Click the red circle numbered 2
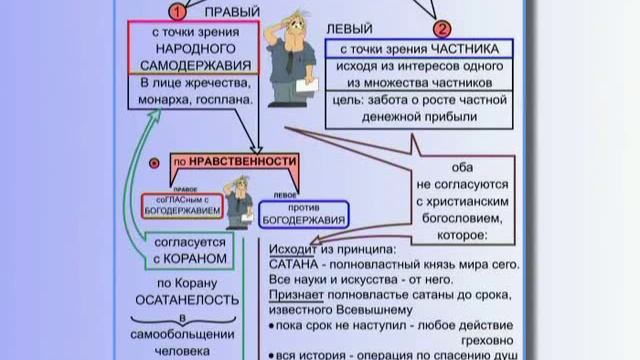point(441,30)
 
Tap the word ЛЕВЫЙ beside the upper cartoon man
point(347,30)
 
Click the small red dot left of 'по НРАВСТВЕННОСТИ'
point(154,161)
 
